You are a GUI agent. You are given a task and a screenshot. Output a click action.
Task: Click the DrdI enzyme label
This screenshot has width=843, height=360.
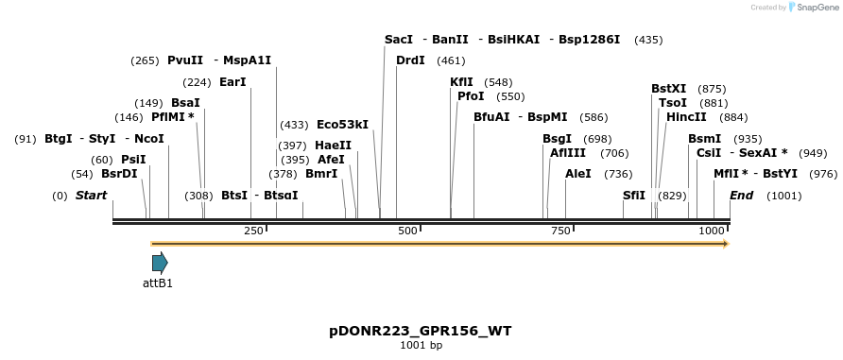point(410,60)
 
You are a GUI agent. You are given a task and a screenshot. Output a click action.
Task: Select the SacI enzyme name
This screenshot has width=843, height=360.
point(399,40)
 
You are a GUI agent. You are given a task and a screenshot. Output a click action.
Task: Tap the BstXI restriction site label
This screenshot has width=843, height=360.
point(668,89)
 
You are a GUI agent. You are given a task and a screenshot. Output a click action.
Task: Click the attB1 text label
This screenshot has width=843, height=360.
point(158,283)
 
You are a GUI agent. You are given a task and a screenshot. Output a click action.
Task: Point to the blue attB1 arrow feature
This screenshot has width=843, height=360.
point(160,263)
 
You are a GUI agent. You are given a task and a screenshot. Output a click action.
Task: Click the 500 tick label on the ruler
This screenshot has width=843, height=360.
point(407,231)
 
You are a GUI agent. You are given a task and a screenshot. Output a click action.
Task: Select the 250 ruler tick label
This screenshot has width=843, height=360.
point(253,231)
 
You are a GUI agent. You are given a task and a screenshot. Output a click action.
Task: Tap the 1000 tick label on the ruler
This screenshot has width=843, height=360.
point(711,231)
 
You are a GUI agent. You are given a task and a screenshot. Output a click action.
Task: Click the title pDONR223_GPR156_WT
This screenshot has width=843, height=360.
point(421,331)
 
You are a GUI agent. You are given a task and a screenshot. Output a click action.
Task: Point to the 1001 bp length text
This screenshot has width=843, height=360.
point(421,346)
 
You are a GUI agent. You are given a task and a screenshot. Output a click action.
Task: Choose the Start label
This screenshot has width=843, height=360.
point(91,196)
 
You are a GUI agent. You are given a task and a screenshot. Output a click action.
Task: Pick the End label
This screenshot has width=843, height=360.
point(742,196)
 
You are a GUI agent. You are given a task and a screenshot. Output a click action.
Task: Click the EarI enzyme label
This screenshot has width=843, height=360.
point(232,82)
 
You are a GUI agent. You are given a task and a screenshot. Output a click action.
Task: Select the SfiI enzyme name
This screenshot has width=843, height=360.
point(634,196)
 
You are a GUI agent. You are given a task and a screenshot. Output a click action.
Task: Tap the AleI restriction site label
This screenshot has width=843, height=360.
point(577,174)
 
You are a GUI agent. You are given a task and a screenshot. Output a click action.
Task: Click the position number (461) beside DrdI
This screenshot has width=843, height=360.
point(451,60)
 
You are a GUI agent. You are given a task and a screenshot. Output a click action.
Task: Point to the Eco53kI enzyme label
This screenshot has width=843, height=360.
point(342,125)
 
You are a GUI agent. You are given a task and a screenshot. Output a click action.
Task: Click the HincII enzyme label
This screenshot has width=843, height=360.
point(686,117)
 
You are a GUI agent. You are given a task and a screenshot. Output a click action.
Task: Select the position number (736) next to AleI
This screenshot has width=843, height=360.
point(618,174)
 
